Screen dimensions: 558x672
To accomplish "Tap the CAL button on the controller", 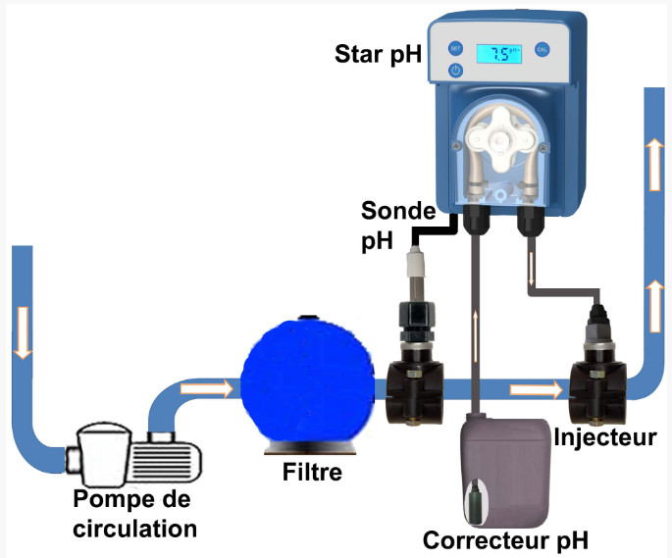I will pyautogui.click(x=542, y=48).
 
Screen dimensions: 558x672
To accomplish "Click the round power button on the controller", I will pyautogui.click(x=456, y=71).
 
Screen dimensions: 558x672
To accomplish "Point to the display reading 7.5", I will pyautogui.click(x=498, y=54).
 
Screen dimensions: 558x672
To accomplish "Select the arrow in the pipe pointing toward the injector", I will pyautogui.click(x=528, y=392).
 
